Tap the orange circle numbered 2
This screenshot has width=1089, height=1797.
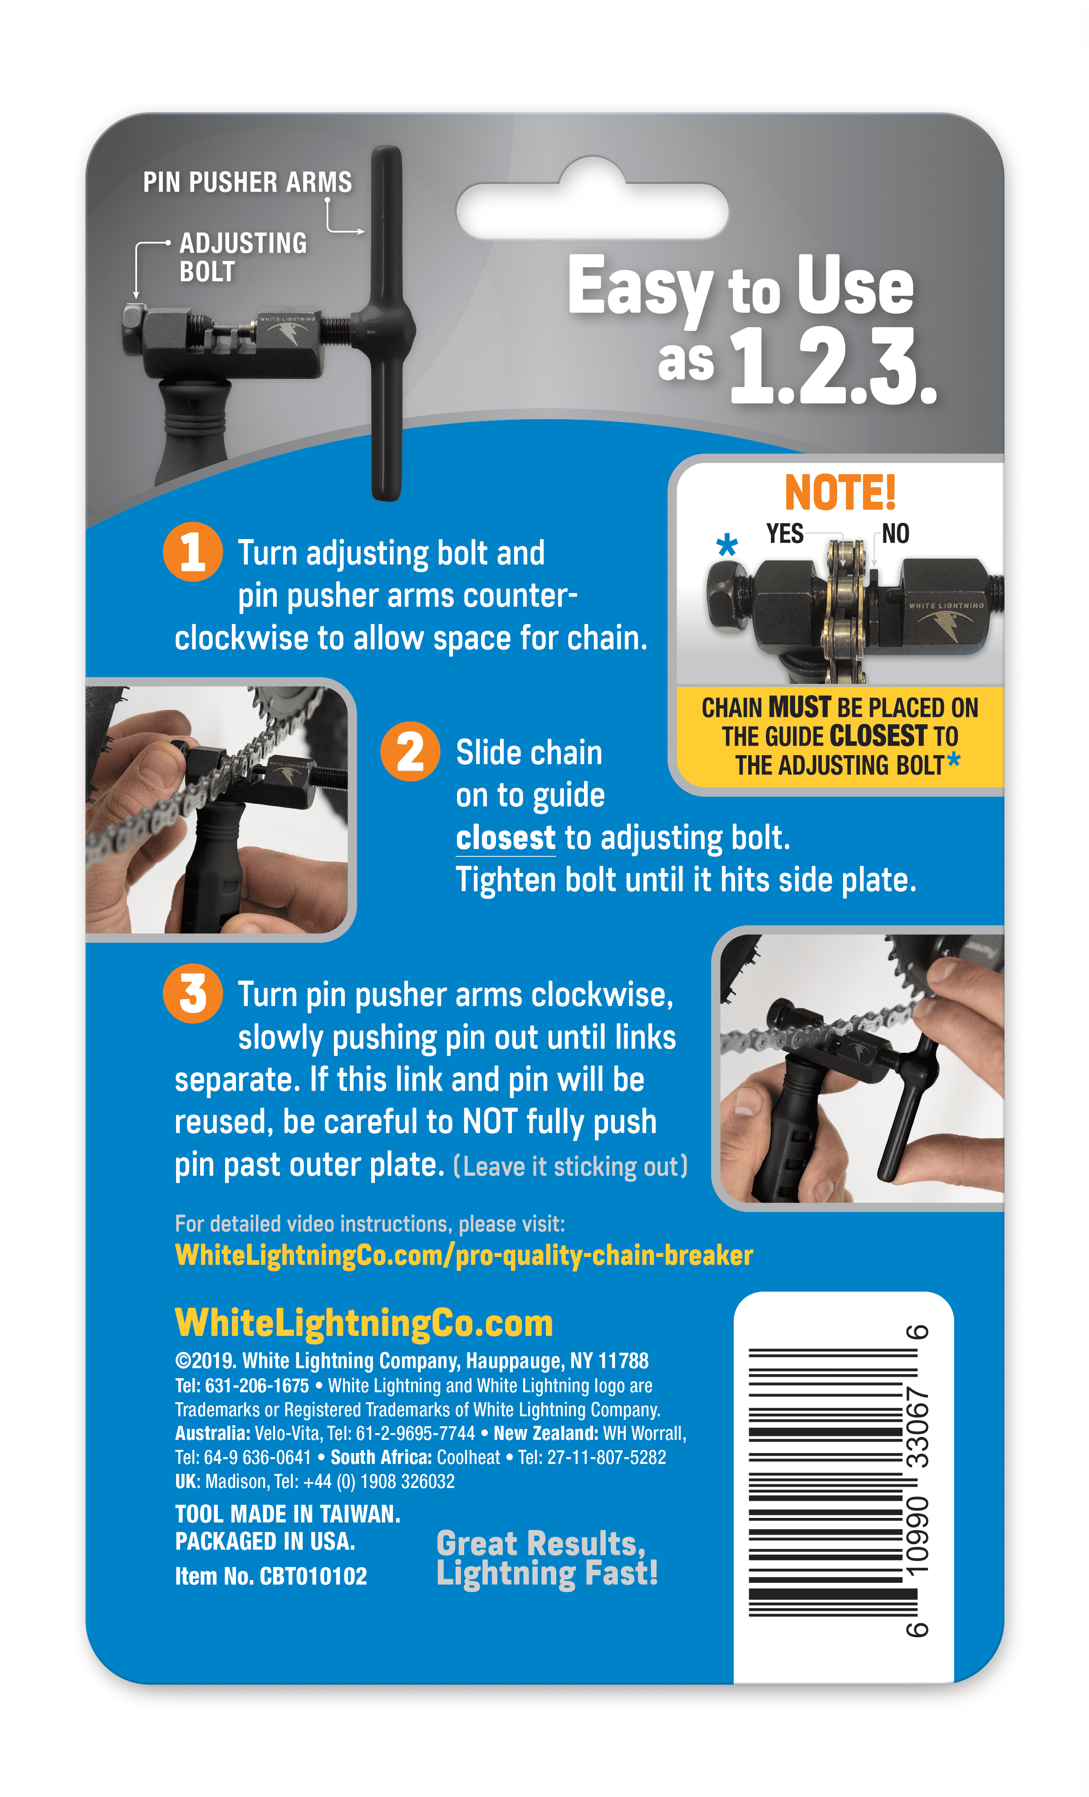click(410, 751)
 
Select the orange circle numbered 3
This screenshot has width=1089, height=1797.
click(192, 993)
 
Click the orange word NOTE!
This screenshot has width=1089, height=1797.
click(839, 493)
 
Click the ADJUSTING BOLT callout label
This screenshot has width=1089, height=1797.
click(243, 257)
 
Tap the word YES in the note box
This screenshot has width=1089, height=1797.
click(784, 534)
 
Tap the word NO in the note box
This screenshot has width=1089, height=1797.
click(896, 534)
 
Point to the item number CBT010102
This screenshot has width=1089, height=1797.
click(314, 1576)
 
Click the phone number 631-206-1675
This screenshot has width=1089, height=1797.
click(257, 1386)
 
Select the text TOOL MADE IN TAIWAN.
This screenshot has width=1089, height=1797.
click(287, 1514)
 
